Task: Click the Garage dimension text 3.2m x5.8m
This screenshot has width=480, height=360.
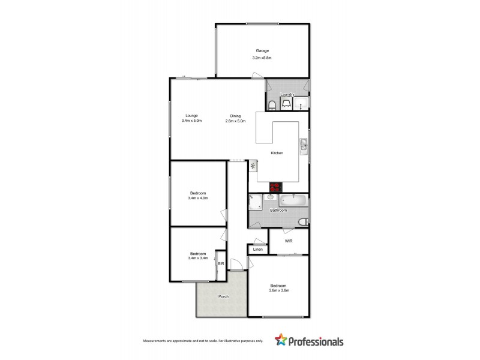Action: click(x=262, y=58)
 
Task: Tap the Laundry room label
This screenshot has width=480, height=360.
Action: click(x=287, y=94)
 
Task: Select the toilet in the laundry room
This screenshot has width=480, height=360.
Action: click(x=272, y=106)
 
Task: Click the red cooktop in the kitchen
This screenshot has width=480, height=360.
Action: click(x=277, y=187)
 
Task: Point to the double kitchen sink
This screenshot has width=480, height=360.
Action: click(x=304, y=145)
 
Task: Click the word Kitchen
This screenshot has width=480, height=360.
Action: click(x=277, y=154)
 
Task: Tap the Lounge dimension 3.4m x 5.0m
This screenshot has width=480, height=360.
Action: click(x=191, y=121)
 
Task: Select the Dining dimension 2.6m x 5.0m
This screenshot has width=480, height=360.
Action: click(x=236, y=121)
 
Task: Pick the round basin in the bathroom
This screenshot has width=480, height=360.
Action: click(x=271, y=197)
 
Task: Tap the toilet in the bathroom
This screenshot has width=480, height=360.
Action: click(x=302, y=223)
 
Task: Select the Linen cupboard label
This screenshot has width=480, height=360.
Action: click(x=257, y=249)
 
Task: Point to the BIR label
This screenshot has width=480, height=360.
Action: click(x=221, y=263)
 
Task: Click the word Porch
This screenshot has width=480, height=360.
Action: click(x=223, y=296)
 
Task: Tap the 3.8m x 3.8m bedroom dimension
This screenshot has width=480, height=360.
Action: click(x=279, y=290)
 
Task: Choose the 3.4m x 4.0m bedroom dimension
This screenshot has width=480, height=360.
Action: click(x=197, y=198)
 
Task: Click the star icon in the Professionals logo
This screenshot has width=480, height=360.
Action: click(x=280, y=341)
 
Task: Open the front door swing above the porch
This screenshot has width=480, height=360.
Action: click(x=238, y=264)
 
